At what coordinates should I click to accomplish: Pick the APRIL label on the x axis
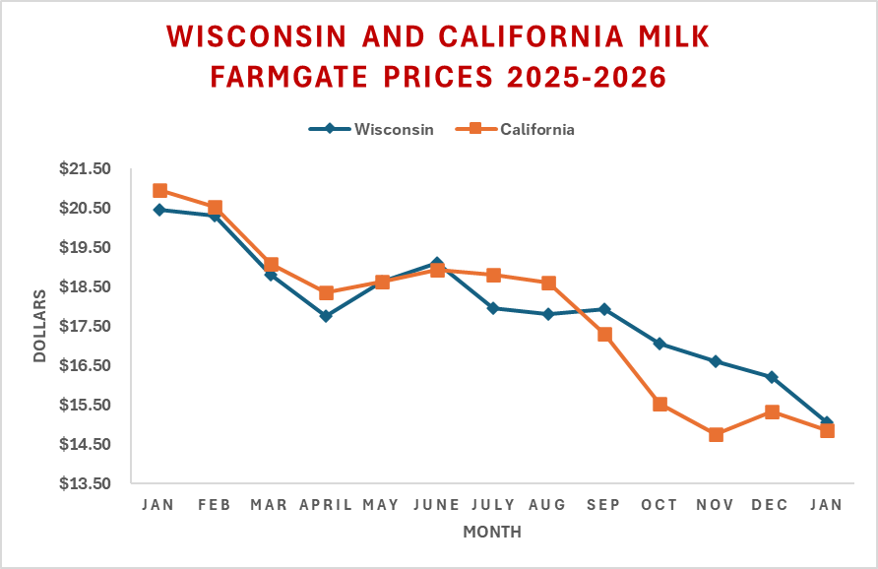[x=326, y=505]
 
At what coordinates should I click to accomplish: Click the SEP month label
[x=603, y=505]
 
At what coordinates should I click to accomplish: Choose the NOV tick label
[x=715, y=505]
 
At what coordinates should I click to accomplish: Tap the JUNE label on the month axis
[x=437, y=505]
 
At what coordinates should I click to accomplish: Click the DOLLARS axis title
[x=40, y=326]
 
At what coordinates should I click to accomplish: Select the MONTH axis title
[x=492, y=533]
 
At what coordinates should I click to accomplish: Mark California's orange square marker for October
[x=660, y=405]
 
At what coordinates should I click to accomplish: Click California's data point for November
[x=716, y=435]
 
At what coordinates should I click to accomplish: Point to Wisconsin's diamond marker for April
[x=326, y=316]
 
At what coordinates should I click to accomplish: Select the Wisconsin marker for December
[x=772, y=377]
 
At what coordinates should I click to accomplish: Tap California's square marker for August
[x=549, y=284]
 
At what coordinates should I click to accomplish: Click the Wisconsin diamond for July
[x=493, y=308]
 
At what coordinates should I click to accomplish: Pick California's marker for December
[x=772, y=411]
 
